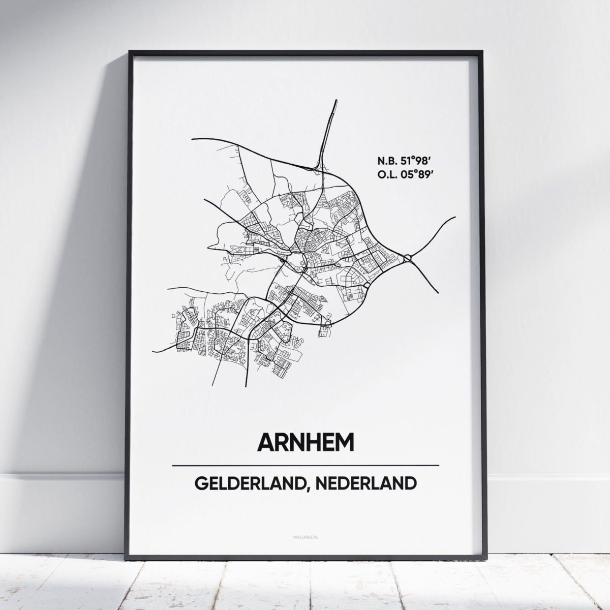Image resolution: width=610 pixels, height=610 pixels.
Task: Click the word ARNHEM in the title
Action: click(x=305, y=442)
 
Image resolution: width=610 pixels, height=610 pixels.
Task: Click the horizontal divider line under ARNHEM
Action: click(x=305, y=465)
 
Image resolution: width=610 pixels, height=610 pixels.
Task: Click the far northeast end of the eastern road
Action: click(x=455, y=217)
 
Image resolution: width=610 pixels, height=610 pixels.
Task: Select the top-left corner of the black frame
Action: click(x=130, y=51)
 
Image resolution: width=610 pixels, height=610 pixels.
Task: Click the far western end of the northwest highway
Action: click(x=192, y=138)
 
